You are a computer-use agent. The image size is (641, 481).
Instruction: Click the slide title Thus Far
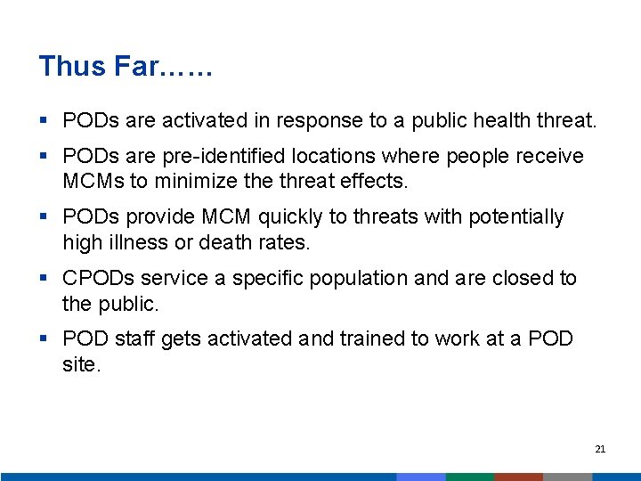[126, 67]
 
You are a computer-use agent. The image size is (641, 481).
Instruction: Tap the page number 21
[600, 449]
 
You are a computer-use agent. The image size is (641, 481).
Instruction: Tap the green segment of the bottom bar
[469, 477]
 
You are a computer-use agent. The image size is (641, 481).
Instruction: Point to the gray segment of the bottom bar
[567, 477]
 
